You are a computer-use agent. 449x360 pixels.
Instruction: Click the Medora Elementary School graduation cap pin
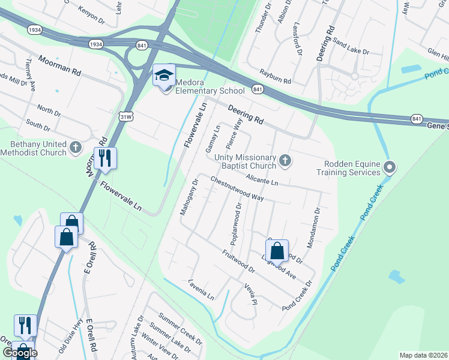coord(164,76)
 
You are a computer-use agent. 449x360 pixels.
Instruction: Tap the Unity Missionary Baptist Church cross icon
coord(285,160)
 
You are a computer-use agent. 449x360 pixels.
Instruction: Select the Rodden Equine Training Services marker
coord(390,167)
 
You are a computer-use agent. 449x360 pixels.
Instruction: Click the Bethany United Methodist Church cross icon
coord(76,146)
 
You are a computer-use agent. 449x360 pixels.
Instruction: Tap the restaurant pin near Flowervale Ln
coord(104,158)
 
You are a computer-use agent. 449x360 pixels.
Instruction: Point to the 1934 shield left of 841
coord(95,44)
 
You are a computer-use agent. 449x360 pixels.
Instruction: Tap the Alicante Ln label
coord(262,179)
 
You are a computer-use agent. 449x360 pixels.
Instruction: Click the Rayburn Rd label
coord(275,80)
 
